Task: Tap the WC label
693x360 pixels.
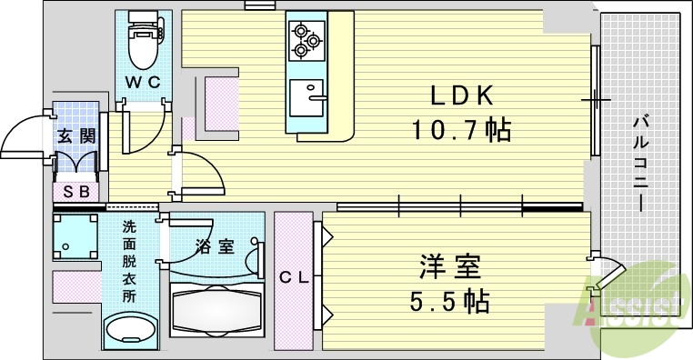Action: [x=142, y=83]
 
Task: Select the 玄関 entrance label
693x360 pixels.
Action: [x=75, y=137]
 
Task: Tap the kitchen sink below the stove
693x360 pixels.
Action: [x=307, y=96]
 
